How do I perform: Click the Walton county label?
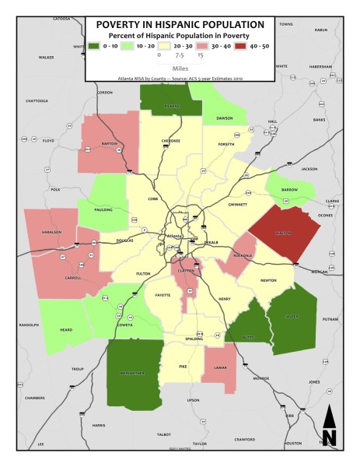tap(283, 233)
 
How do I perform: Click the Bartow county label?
tap(109, 143)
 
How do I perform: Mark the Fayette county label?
tap(163, 296)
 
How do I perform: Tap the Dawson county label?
tap(225, 118)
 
